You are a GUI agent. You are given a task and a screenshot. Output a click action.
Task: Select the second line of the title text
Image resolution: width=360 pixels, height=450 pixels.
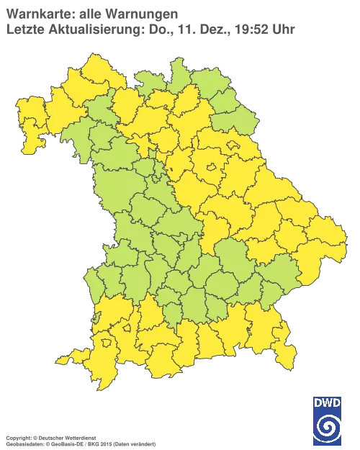[x=151, y=29]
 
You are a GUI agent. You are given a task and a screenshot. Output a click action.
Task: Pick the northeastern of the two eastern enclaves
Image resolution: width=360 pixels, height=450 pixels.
[x=233, y=145]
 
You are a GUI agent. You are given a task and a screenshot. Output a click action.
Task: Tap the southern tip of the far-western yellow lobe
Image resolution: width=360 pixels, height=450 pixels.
[x=29, y=151]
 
